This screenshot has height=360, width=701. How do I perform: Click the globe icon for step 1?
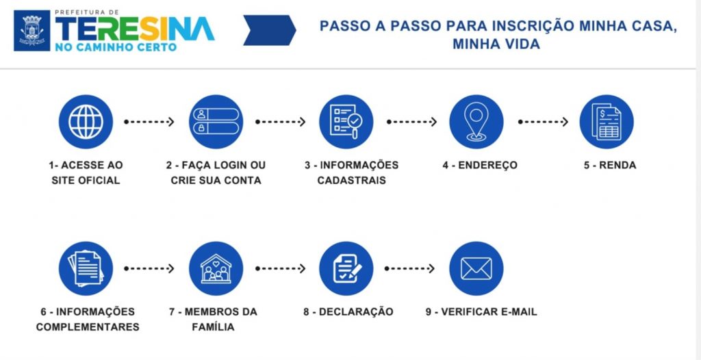86,122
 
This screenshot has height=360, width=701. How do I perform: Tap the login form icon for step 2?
216,122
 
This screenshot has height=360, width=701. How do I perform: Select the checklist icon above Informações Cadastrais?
346,122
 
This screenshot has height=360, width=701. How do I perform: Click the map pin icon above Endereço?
476,122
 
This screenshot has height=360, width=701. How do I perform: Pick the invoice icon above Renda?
607,122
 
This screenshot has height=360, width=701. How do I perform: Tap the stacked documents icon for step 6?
86,268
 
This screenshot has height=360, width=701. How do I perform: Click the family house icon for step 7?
216,268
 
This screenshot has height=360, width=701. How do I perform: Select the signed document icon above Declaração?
346,268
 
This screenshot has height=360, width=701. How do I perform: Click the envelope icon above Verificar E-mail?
476,268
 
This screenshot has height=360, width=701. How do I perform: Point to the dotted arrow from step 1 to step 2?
150,122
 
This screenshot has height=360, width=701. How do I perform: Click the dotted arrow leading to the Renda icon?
542,122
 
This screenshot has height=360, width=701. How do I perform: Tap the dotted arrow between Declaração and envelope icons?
410,268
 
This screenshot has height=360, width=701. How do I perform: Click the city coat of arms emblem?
31,30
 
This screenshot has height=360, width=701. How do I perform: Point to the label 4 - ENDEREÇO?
479,165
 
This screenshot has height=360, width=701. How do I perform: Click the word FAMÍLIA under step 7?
213,327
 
